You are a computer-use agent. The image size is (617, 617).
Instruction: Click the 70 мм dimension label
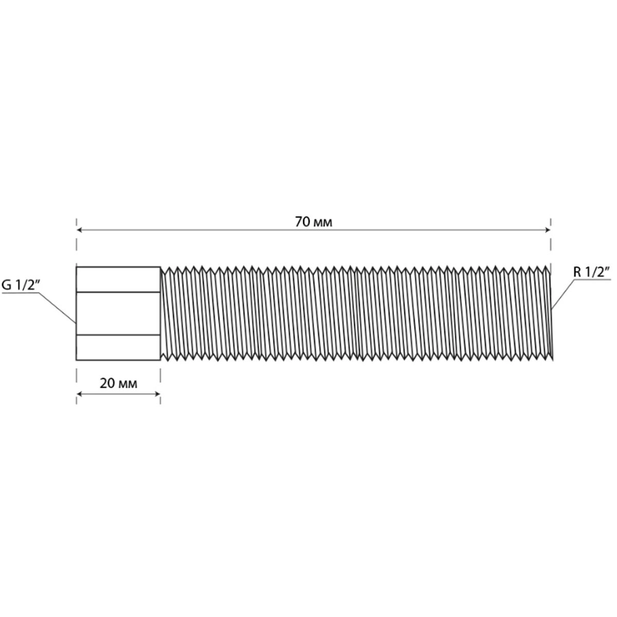click(x=314, y=222)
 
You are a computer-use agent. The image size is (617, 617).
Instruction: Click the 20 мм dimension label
click(x=118, y=383)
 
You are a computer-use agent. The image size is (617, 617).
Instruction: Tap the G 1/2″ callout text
click(x=21, y=285)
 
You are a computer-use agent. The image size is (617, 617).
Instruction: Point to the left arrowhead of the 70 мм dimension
click(x=80, y=230)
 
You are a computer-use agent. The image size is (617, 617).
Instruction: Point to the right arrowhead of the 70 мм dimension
click(x=547, y=230)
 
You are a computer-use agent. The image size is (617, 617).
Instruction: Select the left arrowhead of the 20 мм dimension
click(x=80, y=393)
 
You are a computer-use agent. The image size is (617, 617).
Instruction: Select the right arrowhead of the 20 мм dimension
click(x=157, y=393)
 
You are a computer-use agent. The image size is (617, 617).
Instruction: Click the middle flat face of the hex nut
click(x=118, y=313)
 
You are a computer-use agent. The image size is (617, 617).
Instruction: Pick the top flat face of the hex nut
click(x=118, y=279)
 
